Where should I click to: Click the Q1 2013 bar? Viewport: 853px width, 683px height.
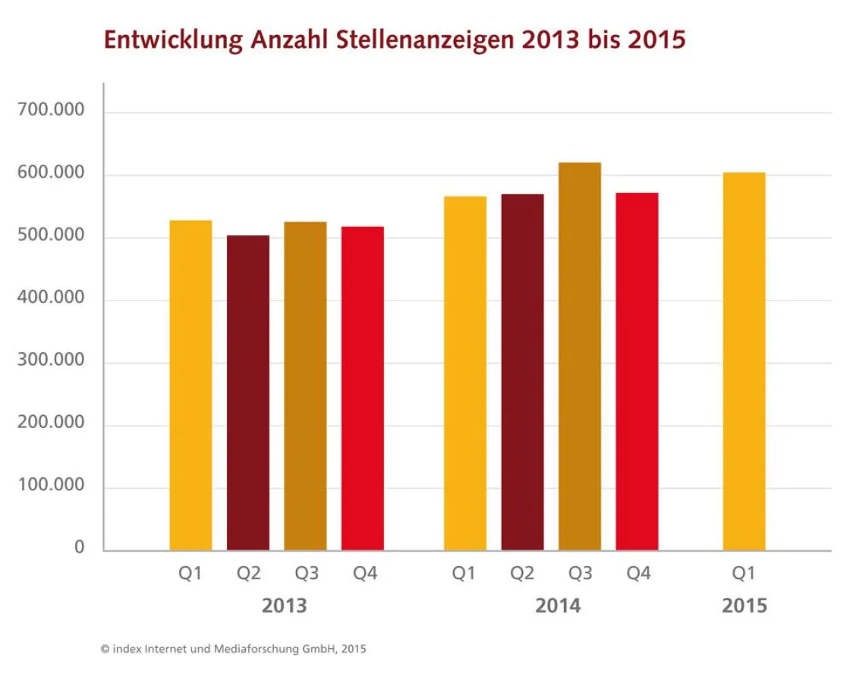coord(190,386)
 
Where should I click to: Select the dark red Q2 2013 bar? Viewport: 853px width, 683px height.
coord(248,393)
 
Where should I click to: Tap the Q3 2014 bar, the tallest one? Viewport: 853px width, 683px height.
coord(580,357)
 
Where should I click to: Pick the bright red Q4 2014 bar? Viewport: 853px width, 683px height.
coord(637,372)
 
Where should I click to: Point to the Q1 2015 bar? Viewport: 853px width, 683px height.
coord(744,361)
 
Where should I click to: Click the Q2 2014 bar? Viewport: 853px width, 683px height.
coord(522,372)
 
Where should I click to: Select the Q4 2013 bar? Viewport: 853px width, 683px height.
coord(362,389)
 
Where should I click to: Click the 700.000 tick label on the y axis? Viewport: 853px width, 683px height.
coord(51,111)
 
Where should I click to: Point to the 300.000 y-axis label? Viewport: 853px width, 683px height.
coord(51,360)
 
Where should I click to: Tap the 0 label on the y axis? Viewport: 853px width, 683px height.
coord(80,548)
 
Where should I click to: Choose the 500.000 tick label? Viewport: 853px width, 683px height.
coord(51,235)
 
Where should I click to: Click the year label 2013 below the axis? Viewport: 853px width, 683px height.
coord(284,606)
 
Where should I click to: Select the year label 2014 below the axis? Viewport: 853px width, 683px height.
coord(558,606)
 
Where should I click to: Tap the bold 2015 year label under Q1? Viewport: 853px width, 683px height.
coord(744,606)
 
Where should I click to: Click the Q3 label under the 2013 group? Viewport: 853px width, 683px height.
coord(306,574)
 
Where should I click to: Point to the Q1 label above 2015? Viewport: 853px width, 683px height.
coord(744,574)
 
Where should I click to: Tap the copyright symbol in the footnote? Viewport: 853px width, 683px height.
coord(105,649)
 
